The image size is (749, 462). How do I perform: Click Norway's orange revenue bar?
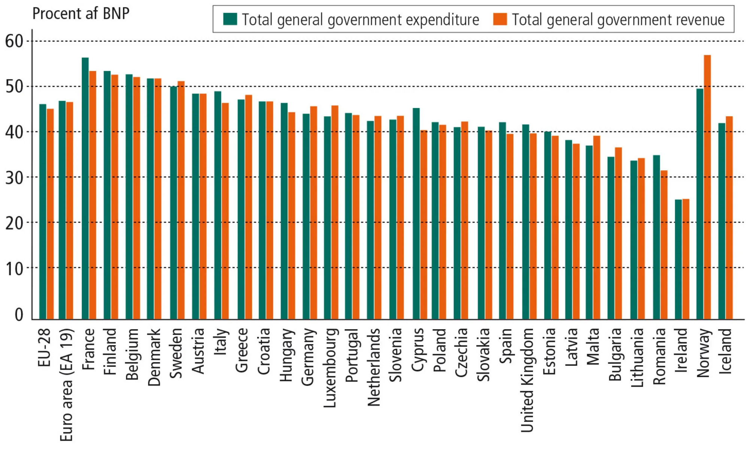[707, 187]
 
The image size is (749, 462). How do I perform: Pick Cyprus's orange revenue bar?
[424, 225]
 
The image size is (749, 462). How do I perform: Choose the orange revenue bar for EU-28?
[50, 214]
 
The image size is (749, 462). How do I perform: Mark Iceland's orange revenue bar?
[729, 218]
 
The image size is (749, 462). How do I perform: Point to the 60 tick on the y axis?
[14, 41]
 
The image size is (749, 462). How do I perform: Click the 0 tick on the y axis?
[19, 314]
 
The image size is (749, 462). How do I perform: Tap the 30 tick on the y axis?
[14, 178]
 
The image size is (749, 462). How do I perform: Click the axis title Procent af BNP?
[81, 14]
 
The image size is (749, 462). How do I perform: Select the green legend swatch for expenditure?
[230, 19]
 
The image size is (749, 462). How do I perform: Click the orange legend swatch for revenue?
[500, 19]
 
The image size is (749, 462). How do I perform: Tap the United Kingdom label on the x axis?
[527, 380]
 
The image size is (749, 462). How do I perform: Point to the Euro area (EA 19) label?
[67, 385]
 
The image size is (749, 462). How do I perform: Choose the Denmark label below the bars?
[154, 357]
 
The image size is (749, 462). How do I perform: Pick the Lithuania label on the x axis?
[637, 358]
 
